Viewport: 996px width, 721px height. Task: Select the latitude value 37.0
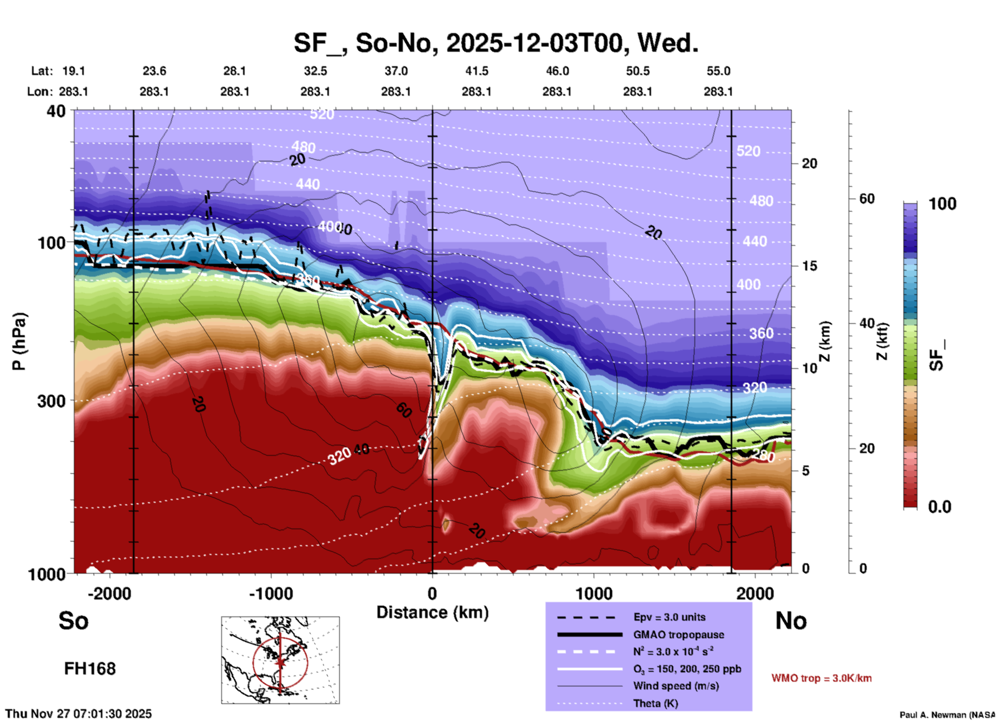(396, 71)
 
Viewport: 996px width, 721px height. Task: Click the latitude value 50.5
(637, 71)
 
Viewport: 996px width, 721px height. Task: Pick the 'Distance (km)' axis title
(432, 612)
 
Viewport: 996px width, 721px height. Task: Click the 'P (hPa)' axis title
(19, 341)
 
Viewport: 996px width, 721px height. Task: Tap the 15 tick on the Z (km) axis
(809, 266)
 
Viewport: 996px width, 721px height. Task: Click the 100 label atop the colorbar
(942, 204)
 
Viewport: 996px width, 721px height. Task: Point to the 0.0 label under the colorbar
(939, 506)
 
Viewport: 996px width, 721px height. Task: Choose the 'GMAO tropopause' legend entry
(678, 635)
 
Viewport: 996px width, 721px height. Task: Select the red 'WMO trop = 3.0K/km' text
(821, 678)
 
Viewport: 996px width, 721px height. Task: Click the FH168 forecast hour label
(89, 669)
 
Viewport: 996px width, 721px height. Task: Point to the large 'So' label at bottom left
(73, 620)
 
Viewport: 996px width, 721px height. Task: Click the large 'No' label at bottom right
(791, 621)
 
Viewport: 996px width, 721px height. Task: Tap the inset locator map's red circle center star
(280, 662)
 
